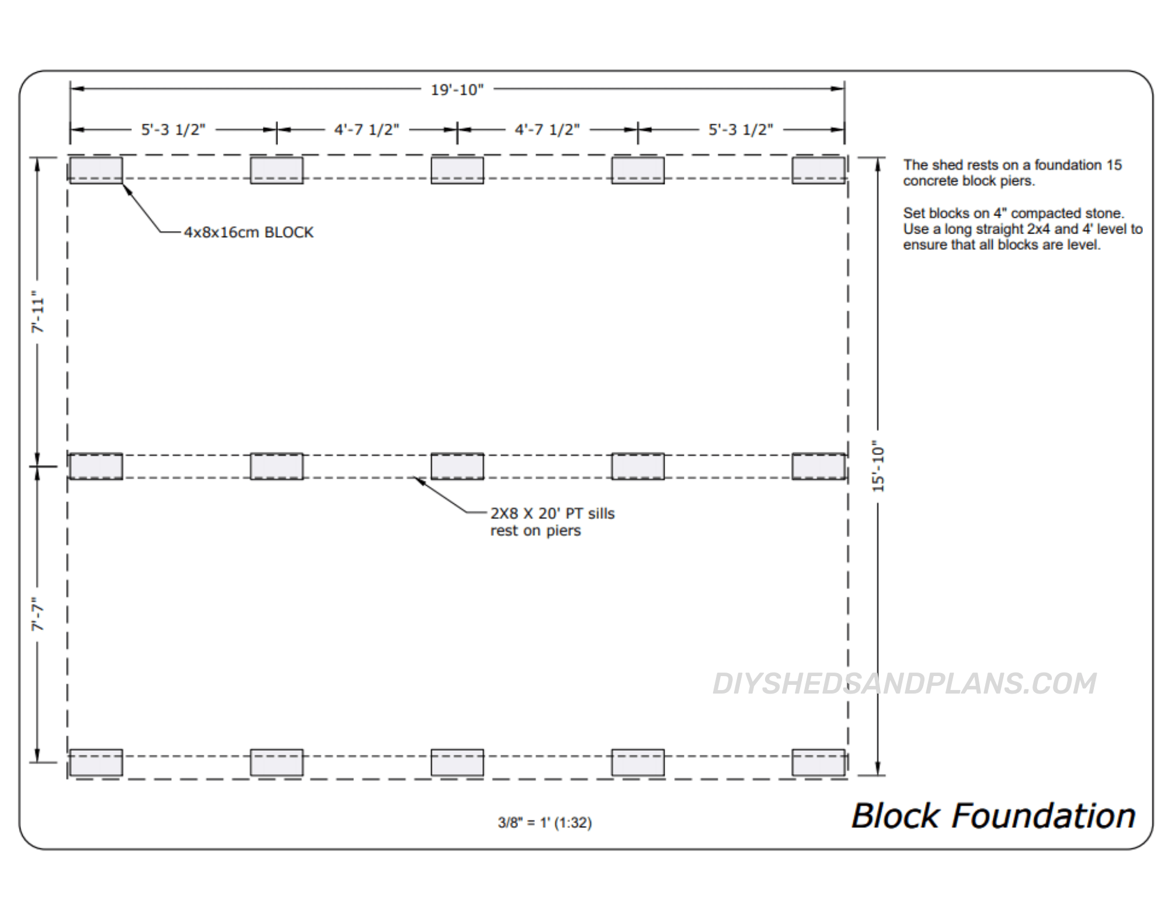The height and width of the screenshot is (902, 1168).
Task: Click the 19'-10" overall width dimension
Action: (457, 90)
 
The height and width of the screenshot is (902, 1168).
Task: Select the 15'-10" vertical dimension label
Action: (878, 465)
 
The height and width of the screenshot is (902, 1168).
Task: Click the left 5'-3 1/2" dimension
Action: (173, 130)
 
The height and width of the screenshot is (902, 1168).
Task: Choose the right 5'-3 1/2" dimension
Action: (741, 130)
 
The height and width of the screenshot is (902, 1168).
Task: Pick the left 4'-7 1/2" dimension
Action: (367, 130)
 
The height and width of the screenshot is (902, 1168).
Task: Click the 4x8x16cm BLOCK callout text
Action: (249, 232)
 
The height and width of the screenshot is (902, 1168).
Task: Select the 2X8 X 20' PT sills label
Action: (552, 514)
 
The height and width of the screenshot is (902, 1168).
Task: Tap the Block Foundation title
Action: (993, 816)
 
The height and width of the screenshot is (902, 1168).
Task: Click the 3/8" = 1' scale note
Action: (544, 823)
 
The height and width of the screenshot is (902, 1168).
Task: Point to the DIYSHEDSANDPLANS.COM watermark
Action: (904, 684)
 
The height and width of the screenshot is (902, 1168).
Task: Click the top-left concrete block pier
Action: (96, 170)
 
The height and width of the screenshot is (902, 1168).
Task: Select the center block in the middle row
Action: (457, 466)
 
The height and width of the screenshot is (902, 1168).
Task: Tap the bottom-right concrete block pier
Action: (818, 762)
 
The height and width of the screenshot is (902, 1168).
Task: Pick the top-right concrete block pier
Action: (818, 170)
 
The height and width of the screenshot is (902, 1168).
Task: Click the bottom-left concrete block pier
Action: (96, 762)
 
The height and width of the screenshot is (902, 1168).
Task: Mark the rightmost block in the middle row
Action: (818, 466)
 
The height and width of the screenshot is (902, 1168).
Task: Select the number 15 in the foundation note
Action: (1114, 165)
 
